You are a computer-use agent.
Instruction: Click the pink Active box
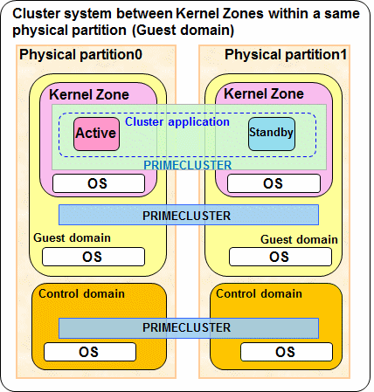click(96, 134)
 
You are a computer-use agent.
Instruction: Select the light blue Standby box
click(272, 134)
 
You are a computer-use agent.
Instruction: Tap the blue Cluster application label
click(177, 122)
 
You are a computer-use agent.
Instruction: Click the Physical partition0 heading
click(80, 55)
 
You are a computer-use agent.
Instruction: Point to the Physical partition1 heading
click(286, 55)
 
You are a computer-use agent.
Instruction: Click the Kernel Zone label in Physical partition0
click(89, 94)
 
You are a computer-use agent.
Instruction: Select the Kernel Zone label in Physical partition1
click(264, 93)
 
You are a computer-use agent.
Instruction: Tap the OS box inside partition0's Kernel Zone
click(99, 183)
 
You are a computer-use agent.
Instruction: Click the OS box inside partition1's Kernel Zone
click(274, 183)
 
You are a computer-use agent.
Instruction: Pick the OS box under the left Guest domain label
click(93, 257)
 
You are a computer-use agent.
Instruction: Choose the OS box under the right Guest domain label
click(280, 257)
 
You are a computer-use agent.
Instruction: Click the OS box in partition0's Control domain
click(90, 352)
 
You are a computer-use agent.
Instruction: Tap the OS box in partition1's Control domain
click(287, 352)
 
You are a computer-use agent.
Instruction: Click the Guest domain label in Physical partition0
click(72, 238)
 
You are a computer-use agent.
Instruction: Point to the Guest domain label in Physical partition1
click(299, 240)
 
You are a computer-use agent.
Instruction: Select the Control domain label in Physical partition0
click(81, 293)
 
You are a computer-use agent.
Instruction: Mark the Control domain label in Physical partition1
click(259, 293)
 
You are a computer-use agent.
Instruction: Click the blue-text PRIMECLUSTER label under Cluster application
click(188, 165)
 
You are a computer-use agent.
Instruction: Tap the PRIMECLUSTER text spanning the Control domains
click(186, 327)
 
